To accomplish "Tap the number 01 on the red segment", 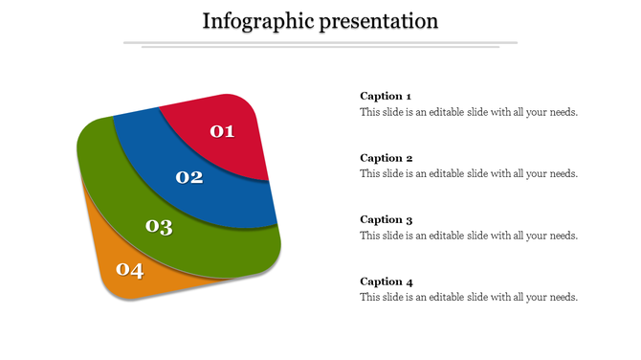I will [222, 131].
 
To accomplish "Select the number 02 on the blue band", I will [189, 177].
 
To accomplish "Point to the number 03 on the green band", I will [159, 227].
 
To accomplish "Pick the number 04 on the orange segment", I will [129, 270].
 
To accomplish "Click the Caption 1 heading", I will [386, 96].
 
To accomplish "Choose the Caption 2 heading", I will [386, 158].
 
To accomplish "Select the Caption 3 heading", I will [386, 219].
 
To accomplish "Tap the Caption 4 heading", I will [386, 281].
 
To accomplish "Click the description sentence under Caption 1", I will [469, 112].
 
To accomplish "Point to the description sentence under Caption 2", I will [469, 174].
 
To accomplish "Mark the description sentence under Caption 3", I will [469, 236].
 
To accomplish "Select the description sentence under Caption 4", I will [469, 298].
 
